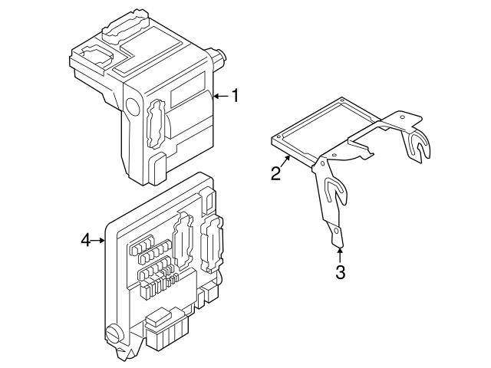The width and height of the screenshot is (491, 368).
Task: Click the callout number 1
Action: click(x=236, y=96)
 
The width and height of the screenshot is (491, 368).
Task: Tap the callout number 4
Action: click(x=86, y=241)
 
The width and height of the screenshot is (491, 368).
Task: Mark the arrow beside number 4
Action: click(x=100, y=241)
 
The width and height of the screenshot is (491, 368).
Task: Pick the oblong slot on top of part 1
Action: click(x=126, y=23)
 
